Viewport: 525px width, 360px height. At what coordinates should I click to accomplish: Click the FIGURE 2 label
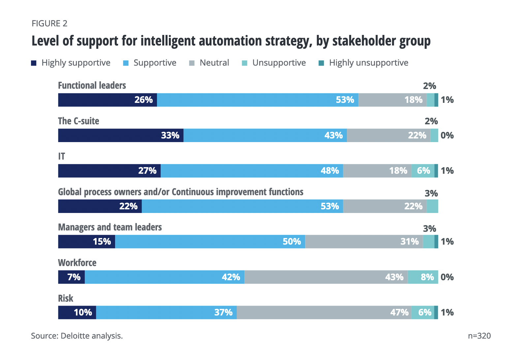[49, 23]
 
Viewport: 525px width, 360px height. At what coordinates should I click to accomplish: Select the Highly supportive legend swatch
[34, 63]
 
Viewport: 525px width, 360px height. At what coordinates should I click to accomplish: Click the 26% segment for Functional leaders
[108, 100]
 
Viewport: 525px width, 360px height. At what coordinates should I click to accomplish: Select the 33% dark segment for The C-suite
[121, 135]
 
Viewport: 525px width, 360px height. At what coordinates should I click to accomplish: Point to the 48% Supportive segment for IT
[252, 171]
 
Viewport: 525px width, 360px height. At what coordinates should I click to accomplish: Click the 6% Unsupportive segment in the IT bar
[423, 171]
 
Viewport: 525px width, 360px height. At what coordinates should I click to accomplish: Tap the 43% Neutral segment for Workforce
[326, 277]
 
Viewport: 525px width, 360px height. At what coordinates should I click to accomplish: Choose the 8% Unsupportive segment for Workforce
[423, 277]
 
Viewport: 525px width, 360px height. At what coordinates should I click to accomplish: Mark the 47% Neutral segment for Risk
[324, 313]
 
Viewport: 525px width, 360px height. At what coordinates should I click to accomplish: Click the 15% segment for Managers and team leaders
[86, 242]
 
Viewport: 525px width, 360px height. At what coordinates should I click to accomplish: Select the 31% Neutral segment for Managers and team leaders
[364, 242]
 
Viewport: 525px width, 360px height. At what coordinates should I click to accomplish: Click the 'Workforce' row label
[77, 263]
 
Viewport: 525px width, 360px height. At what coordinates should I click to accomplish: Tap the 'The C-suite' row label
[78, 121]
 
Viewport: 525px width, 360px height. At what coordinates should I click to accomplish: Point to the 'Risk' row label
[66, 298]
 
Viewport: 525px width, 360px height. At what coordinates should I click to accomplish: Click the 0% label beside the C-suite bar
[447, 135]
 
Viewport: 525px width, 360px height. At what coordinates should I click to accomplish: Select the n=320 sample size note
[479, 336]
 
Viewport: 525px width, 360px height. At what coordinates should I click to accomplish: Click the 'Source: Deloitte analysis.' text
[77, 336]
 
